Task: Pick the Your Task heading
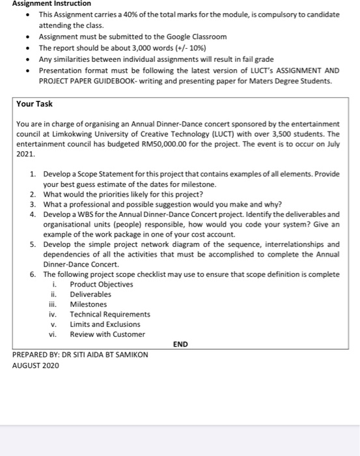point(35,104)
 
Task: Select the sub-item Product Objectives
point(101,284)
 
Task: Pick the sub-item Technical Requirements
point(110,314)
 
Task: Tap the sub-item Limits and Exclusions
point(105,324)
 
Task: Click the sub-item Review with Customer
point(107,334)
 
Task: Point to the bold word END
point(180,344)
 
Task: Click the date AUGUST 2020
point(36,365)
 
